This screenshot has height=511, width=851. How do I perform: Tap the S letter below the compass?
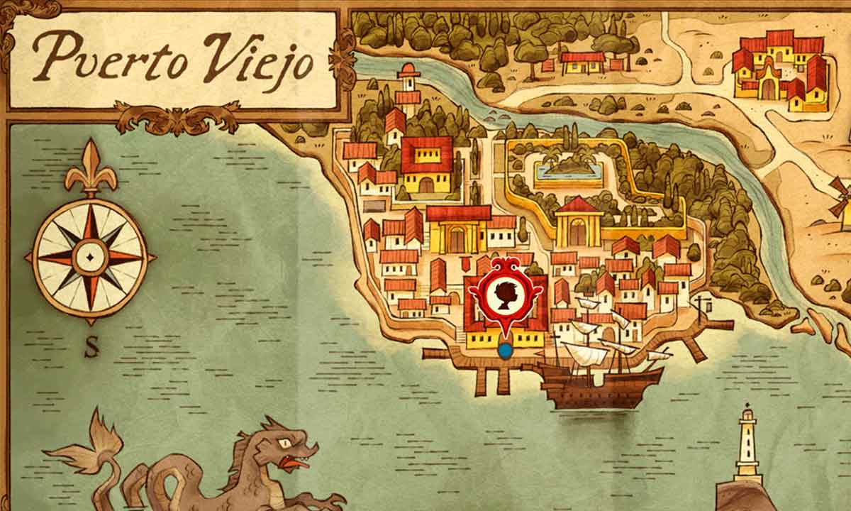[91, 348]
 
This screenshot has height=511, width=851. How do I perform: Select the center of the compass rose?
[90, 256]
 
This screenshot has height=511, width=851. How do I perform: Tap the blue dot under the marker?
[505, 350]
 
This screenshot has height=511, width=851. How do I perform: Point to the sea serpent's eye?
[285, 442]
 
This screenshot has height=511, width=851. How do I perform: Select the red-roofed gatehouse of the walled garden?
[579, 221]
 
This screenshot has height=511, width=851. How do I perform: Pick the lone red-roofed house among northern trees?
[583, 62]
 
